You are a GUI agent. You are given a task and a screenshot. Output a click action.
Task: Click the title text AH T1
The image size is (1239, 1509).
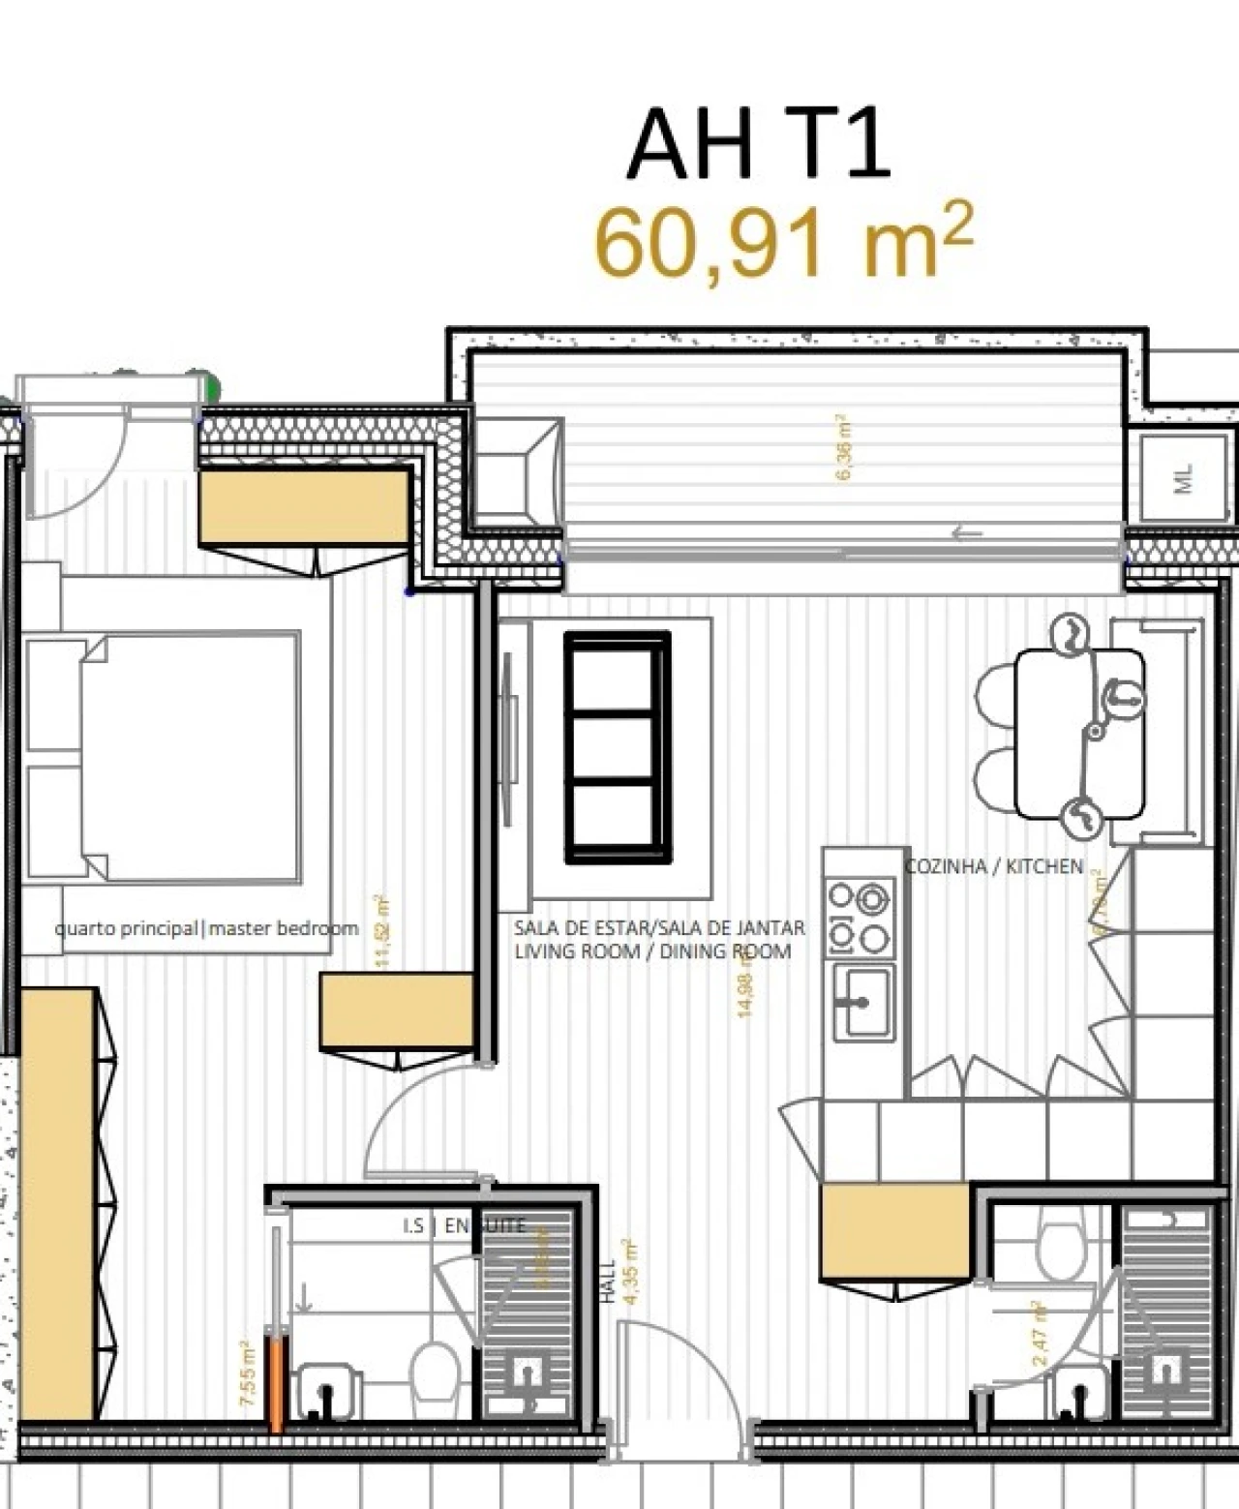pos(757,145)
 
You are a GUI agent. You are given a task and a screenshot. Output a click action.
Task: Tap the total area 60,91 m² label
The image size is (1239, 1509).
pos(782,242)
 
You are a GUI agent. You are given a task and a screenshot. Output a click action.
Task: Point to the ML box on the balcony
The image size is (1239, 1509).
pos(1183,478)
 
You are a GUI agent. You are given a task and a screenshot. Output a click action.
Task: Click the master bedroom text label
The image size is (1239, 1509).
pos(206,928)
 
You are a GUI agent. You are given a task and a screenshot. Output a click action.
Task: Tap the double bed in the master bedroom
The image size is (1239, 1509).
pos(189,757)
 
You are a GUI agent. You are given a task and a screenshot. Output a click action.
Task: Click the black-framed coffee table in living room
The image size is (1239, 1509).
pos(618,746)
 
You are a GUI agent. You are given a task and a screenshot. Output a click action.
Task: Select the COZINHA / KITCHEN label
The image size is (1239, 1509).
pos(993,866)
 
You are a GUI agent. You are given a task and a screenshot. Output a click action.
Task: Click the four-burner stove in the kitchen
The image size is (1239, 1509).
pos(860,916)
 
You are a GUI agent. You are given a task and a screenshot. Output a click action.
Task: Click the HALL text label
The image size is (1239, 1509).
pos(608,1281)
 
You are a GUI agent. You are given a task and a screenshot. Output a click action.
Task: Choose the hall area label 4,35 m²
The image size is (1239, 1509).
pos(630,1272)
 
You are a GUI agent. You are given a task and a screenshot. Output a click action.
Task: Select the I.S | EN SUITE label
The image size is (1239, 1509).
pos(464,1226)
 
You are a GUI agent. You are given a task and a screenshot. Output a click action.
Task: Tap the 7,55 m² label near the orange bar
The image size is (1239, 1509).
pos(247,1373)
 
